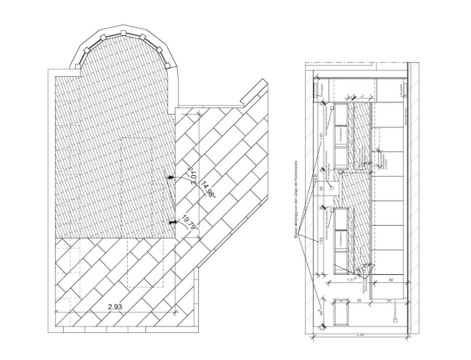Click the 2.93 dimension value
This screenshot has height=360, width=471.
[115, 307]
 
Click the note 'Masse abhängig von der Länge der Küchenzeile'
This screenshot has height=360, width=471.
[297, 200]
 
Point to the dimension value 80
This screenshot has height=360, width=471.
[390, 280]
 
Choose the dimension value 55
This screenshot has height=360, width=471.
[359, 300]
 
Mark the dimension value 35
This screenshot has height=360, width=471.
[341, 300]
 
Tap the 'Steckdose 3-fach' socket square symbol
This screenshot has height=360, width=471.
[395, 319]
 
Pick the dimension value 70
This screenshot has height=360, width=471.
[357, 169]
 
